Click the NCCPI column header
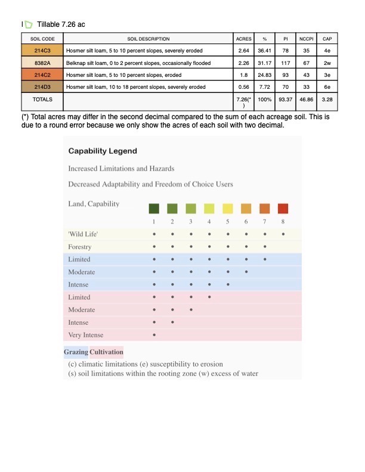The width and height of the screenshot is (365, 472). [x=305, y=39]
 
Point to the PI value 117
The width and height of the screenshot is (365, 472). [x=286, y=63]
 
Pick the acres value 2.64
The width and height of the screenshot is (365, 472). [x=243, y=51]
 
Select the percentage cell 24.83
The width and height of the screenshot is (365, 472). [x=264, y=74]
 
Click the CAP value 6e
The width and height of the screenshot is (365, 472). [x=327, y=86]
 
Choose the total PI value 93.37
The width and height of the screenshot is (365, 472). [x=286, y=98]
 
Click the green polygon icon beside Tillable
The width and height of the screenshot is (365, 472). [x=28, y=24]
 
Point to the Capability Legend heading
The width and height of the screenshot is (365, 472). [x=103, y=151]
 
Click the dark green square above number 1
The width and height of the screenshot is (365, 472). [x=154, y=208]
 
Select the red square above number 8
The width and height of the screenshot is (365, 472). [x=283, y=208]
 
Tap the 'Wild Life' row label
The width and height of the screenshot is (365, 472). [x=83, y=234]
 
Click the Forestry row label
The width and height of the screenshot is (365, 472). [x=80, y=247]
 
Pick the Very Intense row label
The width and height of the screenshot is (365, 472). [x=86, y=335]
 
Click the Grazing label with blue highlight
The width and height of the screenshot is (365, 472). [x=76, y=352]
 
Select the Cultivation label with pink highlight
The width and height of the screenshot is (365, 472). [x=106, y=352]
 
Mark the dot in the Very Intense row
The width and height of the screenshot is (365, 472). [x=154, y=335]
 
